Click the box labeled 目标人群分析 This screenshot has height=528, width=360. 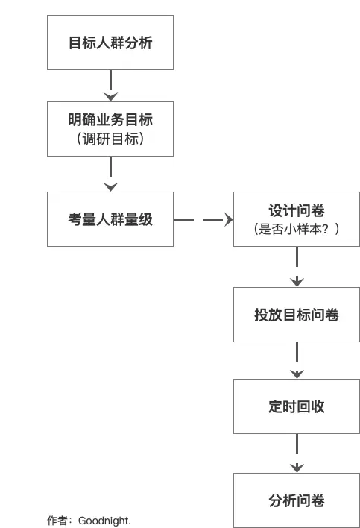(x=110, y=43)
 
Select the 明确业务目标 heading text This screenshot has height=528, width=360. (x=110, y=119)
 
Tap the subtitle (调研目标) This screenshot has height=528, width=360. (x=110, y=139)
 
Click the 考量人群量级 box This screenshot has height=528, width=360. (x=110, y=219)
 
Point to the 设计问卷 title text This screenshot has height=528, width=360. (x=297, y=211)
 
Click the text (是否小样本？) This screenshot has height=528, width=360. (x=297, y=230)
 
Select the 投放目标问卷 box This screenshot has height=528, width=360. (x=297, y=315)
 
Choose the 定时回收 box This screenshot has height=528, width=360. (x=297, y=406)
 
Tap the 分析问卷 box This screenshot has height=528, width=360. (x=297, y=500)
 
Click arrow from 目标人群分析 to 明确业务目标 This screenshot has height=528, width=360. (x=110, y=86)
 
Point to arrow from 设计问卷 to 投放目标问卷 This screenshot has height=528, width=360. (x=297, y=266)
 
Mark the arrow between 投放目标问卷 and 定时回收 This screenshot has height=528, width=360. (x=297, y=360)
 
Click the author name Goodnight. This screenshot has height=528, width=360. (x=104, y=521)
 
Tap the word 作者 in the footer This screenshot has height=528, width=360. (x=57, y=521)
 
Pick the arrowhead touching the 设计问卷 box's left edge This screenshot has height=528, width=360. (x=227, y=219)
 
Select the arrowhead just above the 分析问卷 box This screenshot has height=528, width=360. (x=297, y=468)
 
